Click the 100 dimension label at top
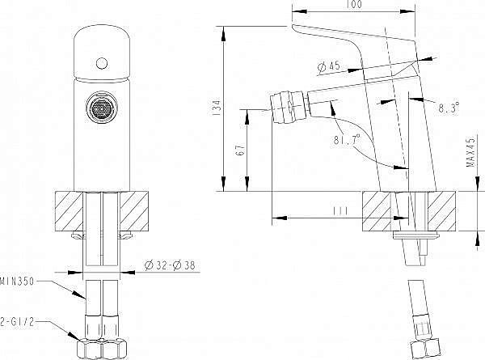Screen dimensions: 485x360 (x=354, y=4)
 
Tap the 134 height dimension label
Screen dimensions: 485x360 (x=217, y=108)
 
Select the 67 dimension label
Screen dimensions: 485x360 (x=241, y=150)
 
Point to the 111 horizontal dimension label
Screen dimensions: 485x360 (x=340, y=211)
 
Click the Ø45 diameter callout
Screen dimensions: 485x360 (x=328, y=66)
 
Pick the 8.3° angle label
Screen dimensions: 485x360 (x=449, y=108)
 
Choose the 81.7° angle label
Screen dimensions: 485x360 (x=347, y=140)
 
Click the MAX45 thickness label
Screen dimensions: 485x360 (x=470, y=152)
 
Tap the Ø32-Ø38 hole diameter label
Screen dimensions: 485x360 (x=170, y=265)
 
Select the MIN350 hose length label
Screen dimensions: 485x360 (x=17, y=282)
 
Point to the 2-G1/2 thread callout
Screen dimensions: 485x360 (x=17, y=322)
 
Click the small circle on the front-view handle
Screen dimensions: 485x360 (x=102, y=63)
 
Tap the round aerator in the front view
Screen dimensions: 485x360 (x=102, y=108)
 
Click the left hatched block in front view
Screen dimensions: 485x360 (x=69, y=211)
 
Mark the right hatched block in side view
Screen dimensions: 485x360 (x=441, y=211)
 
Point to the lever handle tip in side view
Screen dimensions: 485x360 (x=293, y=27)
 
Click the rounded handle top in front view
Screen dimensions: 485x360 (x=102, y=53)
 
